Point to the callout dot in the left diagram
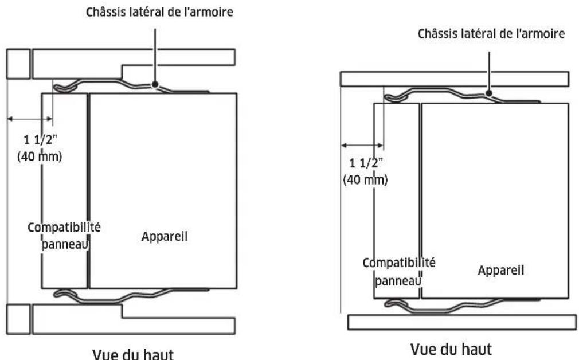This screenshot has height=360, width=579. tap(155, 85)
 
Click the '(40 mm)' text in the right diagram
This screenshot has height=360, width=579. tap(365, 179)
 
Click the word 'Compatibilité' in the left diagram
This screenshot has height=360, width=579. tap(65, 228)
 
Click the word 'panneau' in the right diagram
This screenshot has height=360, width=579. tap(398, 281)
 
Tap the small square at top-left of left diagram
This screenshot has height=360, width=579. tap(18, 64)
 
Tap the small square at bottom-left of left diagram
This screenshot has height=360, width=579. tap(18, 319)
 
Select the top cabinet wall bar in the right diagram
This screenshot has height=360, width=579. tap(455, 79)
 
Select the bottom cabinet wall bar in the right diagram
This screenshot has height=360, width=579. tap(462, 322)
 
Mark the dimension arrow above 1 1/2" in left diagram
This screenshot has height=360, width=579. tap(29, 120)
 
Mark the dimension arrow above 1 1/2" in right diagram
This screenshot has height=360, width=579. tap(362, 144)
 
